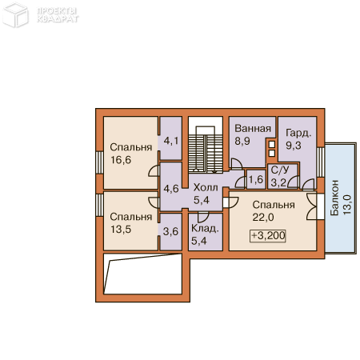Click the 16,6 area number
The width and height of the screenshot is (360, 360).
(x=121, y=160)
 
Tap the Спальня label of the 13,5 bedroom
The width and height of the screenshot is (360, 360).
(x=131, y=217)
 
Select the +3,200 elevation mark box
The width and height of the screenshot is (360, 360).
(x=268, y=236)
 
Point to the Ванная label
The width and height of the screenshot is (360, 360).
(x=253, y=129)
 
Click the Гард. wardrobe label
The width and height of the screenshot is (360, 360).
(x=298, y=133)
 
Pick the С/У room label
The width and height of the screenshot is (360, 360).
(x=280, y=170)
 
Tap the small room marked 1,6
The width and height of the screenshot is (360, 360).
(x=256, y=179)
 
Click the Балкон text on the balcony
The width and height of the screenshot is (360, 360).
(x=334, y=198)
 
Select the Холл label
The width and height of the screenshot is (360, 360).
(x=206, y=187)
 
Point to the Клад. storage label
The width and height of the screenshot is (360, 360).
(x=205, y=229)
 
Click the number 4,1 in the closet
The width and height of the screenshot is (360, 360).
(x=171, y=141)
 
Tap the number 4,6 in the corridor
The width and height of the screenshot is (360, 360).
(x=171, y=189)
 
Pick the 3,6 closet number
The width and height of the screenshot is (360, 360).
(x=170, y=231)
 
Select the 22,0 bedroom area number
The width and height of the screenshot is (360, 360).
(x=263, y=218)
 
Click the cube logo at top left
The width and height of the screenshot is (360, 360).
(x=15, y=15)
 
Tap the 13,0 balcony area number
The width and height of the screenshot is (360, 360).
(x=347, y=205)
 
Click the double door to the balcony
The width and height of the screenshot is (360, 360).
(x=312, y=206)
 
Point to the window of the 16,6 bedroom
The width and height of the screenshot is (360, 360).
(x=99, y=162)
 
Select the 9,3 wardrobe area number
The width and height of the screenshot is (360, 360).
(x=294, y=146)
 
